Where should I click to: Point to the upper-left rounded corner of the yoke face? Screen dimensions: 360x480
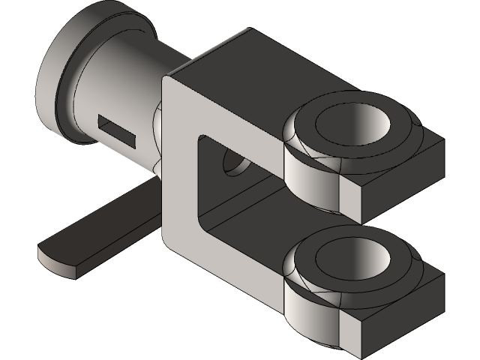point(171,82)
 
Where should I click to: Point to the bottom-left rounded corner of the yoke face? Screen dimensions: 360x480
point(171,240)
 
